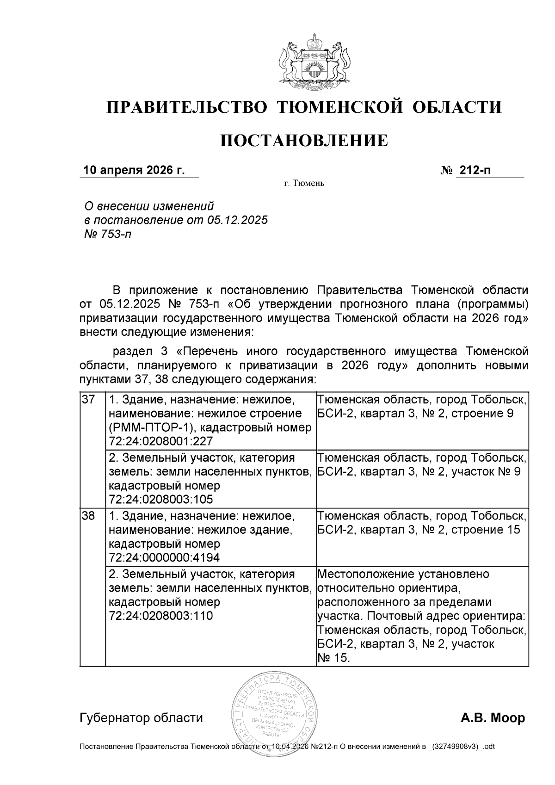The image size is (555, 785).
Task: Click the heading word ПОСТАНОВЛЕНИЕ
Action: tap(304, 141)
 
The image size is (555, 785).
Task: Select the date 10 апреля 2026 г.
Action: tap(134, 170)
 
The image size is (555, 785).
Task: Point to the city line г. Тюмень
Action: tap(304, 184)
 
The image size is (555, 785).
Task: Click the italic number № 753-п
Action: tap(107, 234)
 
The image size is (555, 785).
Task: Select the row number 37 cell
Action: tap(88, 399)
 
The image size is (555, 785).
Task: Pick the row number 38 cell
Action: tap(88, 515)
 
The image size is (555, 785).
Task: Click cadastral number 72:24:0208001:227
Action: tap(160, 441)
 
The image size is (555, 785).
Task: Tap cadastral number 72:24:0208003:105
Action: tap(160, 500)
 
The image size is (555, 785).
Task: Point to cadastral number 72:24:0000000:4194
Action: tap(164, 557)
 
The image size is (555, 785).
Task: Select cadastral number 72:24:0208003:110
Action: tap(160, 616)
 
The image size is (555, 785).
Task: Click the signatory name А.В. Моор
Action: tap(493, 718)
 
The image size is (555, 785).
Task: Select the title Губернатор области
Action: tap(141, 718)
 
